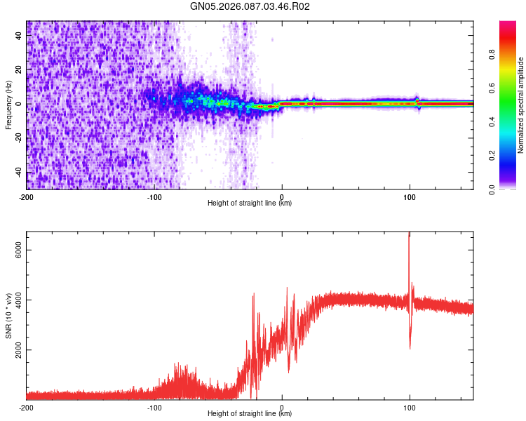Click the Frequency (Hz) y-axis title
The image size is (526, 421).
tap(8, 105)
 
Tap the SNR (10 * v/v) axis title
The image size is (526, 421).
tap(8, 316)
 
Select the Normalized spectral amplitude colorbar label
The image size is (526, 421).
tap(521, 105)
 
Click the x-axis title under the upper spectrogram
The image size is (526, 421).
tap(250, 203)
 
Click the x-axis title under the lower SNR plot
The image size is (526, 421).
tap(250, 414)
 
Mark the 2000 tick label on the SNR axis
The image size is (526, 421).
tap(17, 350)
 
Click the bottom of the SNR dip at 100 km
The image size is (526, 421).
tap(410, 347)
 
